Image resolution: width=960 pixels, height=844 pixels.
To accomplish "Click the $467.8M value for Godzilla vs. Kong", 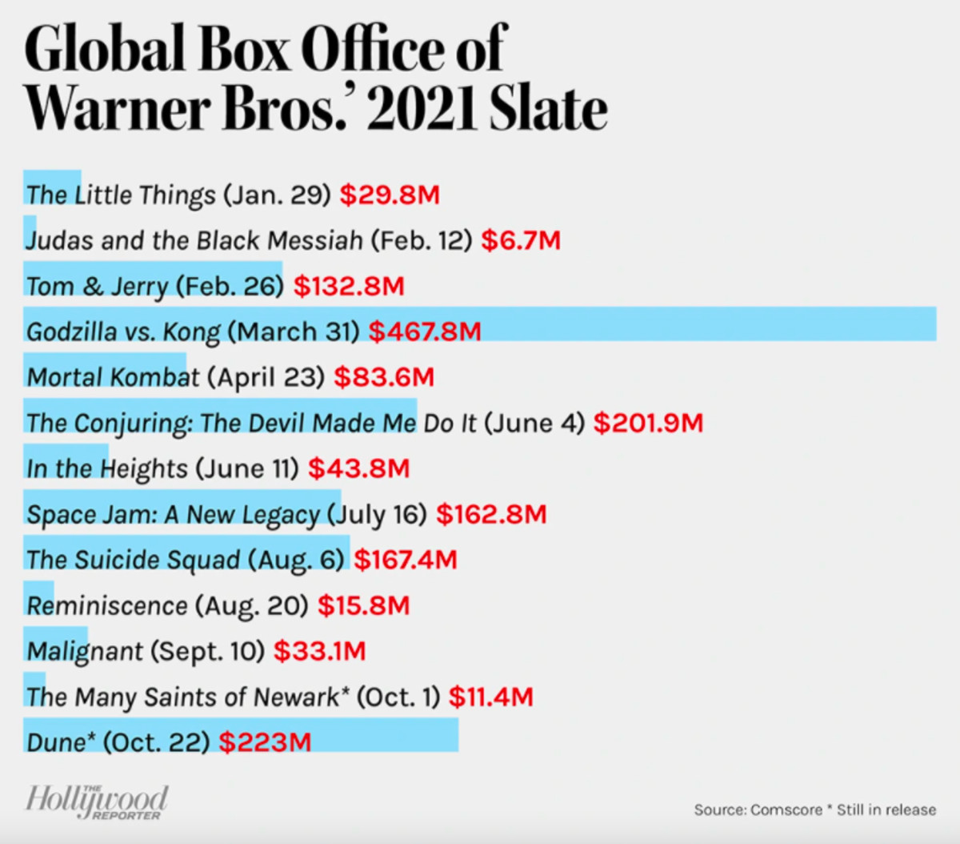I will (425, 332).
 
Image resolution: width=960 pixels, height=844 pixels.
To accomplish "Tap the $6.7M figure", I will (521, 240).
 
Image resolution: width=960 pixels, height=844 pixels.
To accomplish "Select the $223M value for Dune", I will (265, 742).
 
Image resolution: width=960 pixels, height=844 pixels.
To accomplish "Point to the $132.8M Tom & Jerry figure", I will (349, 286).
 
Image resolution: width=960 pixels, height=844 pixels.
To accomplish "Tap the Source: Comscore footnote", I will (814, 810).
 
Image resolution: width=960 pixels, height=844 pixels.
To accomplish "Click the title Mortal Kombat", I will (113, 377).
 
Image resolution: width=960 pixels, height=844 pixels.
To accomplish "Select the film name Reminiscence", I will (107, 605).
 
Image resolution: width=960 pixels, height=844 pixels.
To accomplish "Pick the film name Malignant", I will (85, 651).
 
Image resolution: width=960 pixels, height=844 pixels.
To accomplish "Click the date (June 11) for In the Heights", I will (246, 468).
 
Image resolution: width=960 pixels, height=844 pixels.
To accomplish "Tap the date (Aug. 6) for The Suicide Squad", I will (296, 560).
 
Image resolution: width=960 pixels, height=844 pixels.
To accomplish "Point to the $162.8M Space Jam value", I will (491, 514).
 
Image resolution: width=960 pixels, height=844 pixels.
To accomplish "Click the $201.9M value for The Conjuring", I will (648, 423).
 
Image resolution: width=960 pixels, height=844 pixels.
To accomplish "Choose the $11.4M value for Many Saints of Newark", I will (490, 697).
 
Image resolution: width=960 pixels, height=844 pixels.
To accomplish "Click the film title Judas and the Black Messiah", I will (194, 240).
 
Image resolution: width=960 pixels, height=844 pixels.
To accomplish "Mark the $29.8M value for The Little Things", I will (390, 195).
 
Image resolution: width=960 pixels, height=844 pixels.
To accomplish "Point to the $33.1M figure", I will (319, 651).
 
